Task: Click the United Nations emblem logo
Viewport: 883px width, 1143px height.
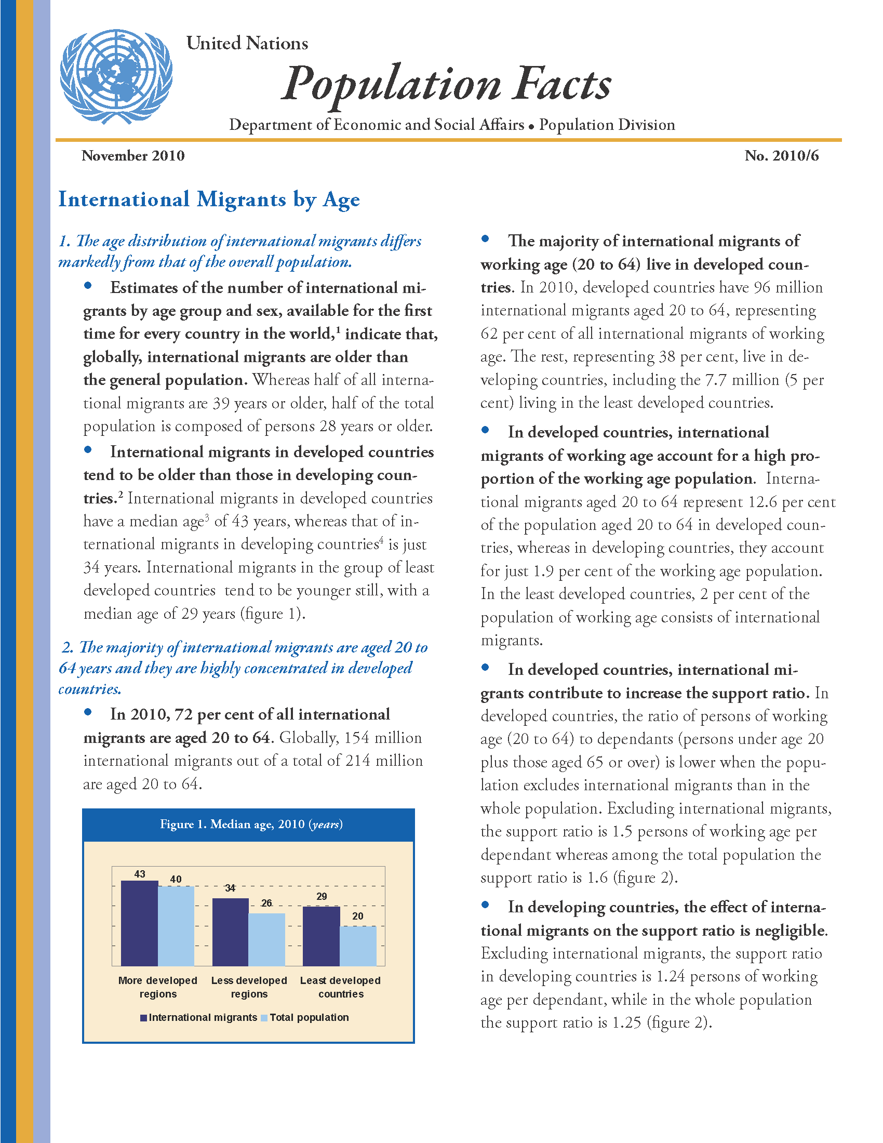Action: pos(116,76)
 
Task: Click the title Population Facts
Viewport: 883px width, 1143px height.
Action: pos(446,84)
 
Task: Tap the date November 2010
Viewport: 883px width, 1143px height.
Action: pos(133,156)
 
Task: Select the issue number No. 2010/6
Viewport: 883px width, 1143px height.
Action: pos(782,156)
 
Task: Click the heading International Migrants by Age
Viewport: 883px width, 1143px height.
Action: pos(209,200)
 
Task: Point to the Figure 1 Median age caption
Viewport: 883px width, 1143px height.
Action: pos(251,825)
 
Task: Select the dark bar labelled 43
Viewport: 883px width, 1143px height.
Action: pos(139,923)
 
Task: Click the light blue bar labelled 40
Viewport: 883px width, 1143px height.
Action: pos(176,926)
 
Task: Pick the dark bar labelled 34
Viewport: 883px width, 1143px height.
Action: pos(230,932)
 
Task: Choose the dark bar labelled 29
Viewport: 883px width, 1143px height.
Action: pos(321,936)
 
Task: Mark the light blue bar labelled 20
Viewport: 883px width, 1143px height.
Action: pos(358,946)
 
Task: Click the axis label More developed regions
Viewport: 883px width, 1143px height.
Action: pos(157,987)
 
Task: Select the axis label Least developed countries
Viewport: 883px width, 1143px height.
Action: pos(340,987)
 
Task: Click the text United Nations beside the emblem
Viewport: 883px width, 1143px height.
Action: pos(247,44)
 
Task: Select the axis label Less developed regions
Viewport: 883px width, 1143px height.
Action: pos(249,987)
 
